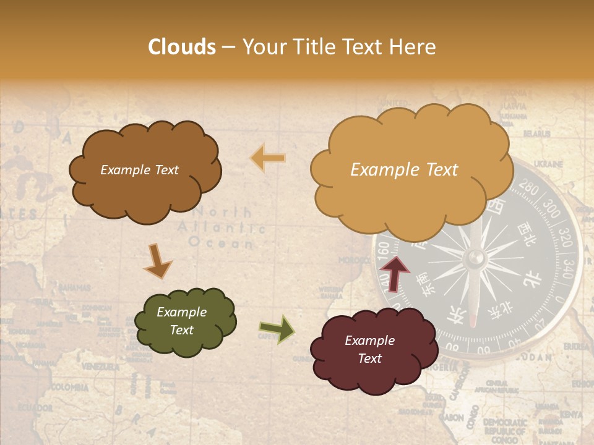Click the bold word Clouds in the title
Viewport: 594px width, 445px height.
pyautogui.click(x=182, y=47)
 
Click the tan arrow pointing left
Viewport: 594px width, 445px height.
pyautogui.click(x=268, y=158)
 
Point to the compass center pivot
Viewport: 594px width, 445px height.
pyautogui.click(x=475, y=258)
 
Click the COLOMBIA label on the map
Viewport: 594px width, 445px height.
pyautogui.click(x=69, y=388)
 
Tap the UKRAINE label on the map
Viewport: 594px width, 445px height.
pyautogui.click(x=548, y=164)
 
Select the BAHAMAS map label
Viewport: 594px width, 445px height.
pyautogui.click(x=74, y=287)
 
